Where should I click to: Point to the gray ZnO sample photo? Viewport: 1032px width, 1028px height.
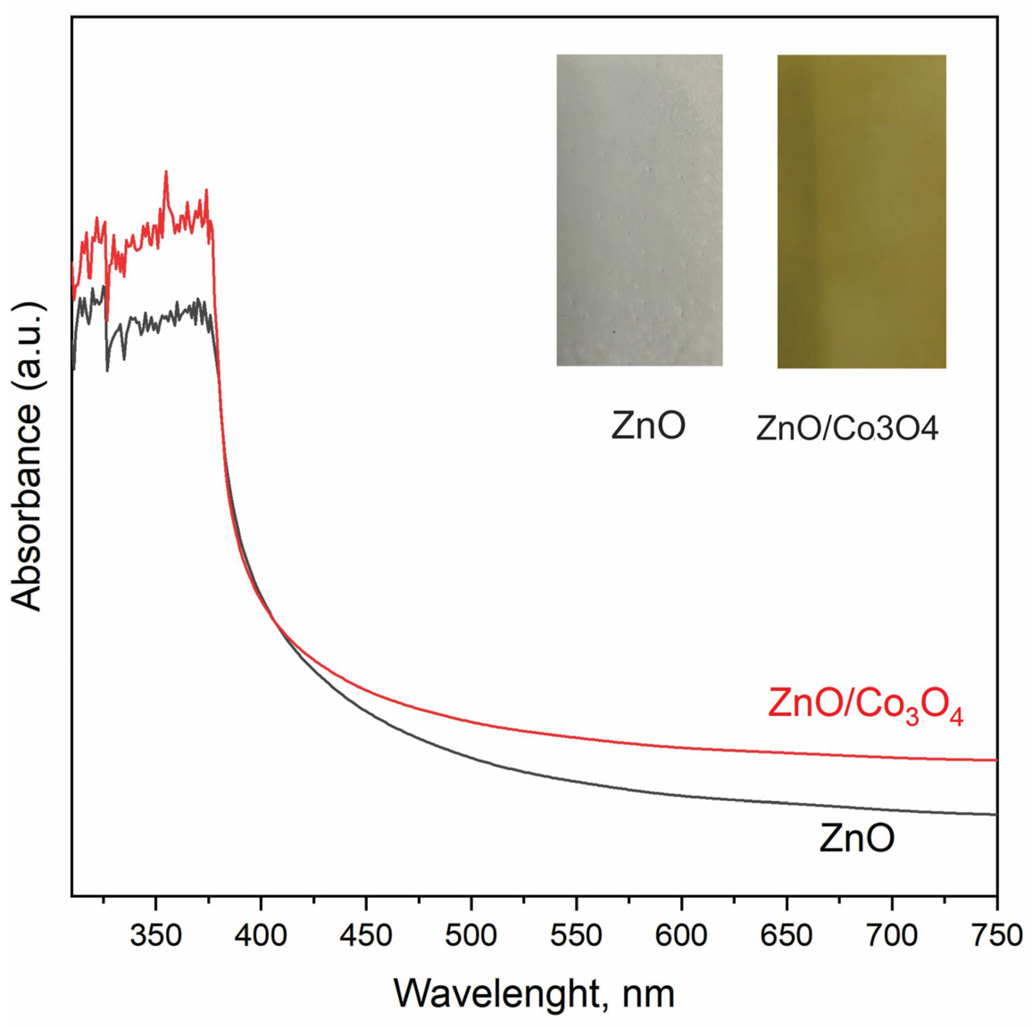point(639,209)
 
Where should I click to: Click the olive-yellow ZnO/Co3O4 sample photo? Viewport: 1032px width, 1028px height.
point(861,211)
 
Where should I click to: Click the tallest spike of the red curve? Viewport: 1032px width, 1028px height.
point(166,171)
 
